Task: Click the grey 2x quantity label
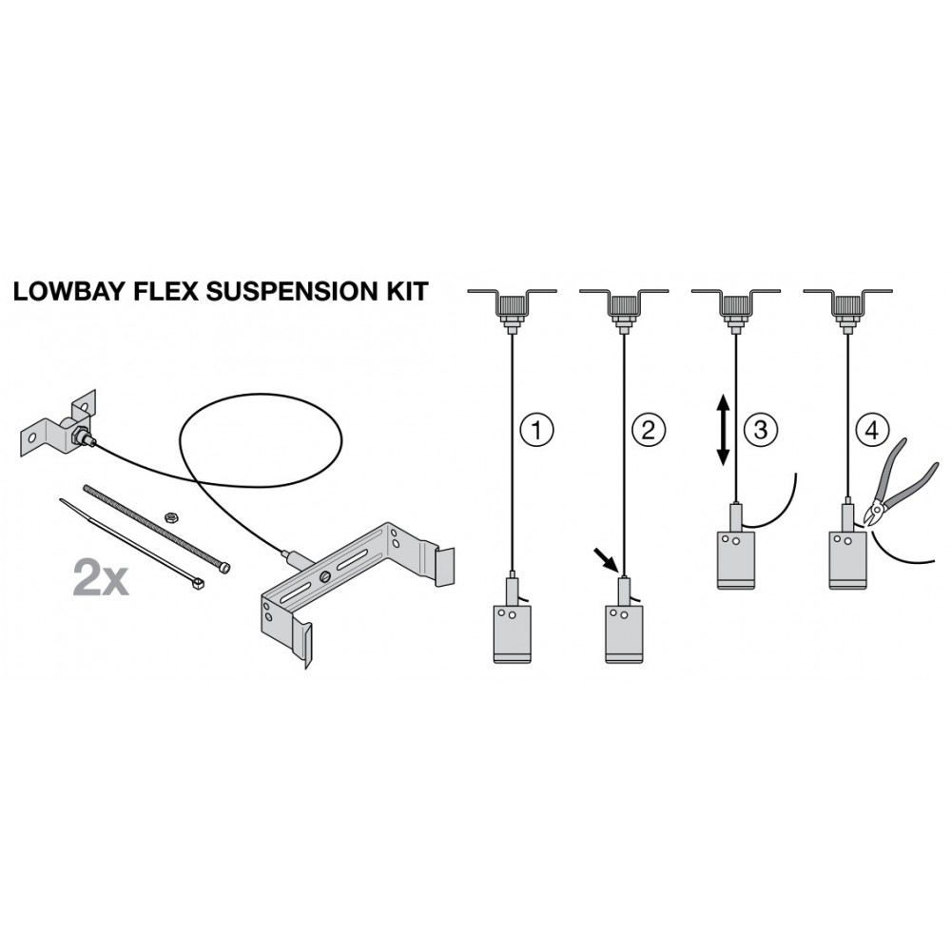click(101, 577)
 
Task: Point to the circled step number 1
click(536, 430)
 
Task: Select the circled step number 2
click(649, 430)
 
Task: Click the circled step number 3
click(760, 430)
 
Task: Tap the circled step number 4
click(871, 430)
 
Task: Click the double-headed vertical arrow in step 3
click(723, 430)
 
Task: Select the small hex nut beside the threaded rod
click(171, 516)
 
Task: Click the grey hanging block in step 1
click(513, 633)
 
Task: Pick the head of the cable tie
click(197, 584)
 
